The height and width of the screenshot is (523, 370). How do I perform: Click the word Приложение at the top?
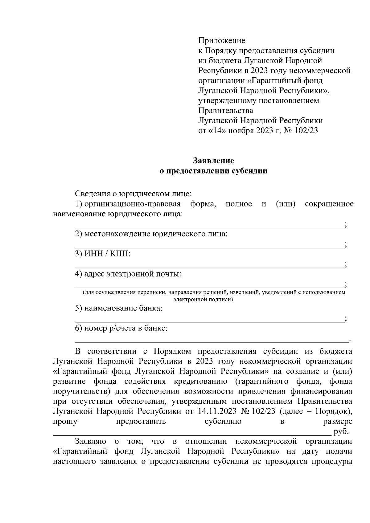coord(222,41)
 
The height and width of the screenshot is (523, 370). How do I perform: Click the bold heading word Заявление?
coord(213,161)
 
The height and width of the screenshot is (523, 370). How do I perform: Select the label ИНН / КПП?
coord(103,254)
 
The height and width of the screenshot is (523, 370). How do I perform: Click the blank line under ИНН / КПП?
coord(210,267)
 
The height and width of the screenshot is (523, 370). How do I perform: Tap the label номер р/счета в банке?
coord(121,328)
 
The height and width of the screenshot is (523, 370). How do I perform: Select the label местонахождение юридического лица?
coord(151,234)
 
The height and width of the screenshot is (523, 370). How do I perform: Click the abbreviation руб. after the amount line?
coord(341,431)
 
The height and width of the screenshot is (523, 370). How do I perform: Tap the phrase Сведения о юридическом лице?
coord(133,194)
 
